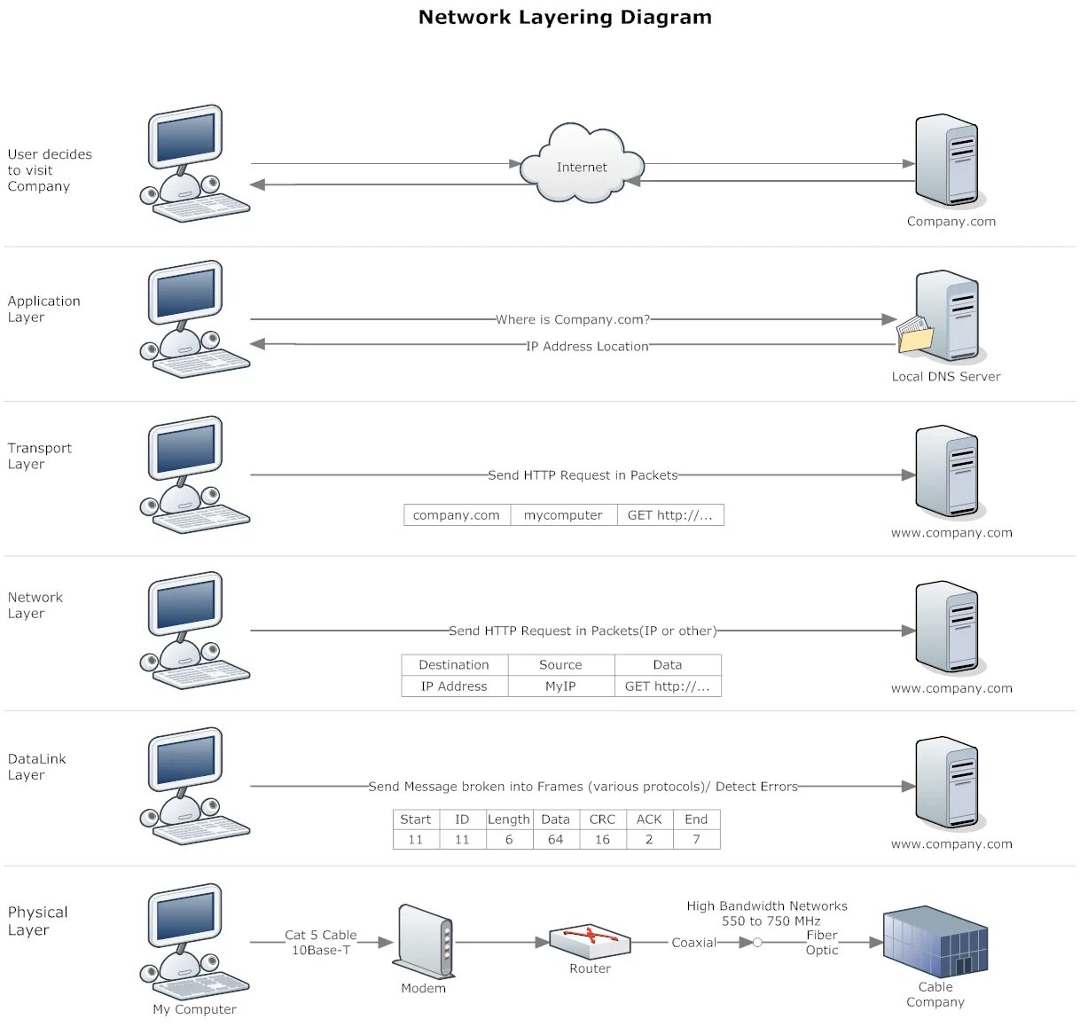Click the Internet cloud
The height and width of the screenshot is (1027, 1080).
[x=581, y=163]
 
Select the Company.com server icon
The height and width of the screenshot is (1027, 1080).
[x=950, y=161]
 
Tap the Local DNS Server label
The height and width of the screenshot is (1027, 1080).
[x=945, y=376]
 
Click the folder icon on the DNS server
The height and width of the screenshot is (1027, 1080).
[x=914, y=333]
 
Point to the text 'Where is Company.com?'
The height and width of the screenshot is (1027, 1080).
[x=573, y=319]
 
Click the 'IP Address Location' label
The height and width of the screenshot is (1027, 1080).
[x=587, y=346]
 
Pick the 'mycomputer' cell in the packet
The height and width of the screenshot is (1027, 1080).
[x=563, y=515]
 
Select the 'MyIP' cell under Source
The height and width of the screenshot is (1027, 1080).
[x=560, y=686]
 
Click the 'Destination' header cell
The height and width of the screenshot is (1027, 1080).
[x=454, y=664]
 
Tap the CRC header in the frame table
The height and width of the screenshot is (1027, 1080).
[x=602, y=819]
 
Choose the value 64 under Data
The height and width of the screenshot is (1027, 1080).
[x=555, y=839]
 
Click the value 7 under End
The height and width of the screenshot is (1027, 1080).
[x=696, y=839]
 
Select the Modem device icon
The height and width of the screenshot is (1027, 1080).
[x=424, y=941]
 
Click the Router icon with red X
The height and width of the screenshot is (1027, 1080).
[x=590, y=941]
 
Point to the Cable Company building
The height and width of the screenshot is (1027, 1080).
[x=935, y=941]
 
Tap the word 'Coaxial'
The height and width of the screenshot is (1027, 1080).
[x=693, y=943]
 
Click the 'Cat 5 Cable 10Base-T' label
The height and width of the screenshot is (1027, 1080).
[x=321, y=943]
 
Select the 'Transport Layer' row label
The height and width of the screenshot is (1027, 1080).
[x=40, y=456]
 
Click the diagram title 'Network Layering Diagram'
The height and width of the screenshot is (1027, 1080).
[x=565, y=17]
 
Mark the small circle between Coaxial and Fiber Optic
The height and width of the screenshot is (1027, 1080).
[x=757, y=943]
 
